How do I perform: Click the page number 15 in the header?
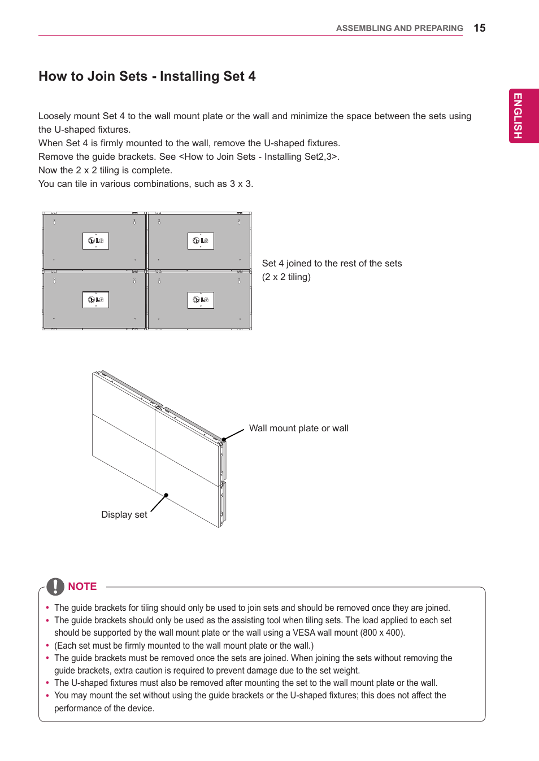(479, 28)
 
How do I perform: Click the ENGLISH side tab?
(518, 116)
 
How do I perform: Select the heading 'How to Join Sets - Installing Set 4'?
(147, 76)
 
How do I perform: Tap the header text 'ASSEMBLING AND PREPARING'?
(399, 28)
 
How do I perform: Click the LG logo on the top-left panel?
(95, 241)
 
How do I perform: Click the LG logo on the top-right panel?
(201, 241)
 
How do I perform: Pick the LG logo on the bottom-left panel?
(95, 300)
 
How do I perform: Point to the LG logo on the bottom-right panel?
(201, 300)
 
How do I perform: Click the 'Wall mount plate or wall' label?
(298, 428)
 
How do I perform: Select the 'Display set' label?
(124, 515)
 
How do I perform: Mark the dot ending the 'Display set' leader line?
(166, 495)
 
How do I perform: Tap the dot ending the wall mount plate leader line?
(224, 439)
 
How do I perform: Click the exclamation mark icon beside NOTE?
(55, 587)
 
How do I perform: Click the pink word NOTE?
(82, 587)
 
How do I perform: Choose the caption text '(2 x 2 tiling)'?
(286, 277)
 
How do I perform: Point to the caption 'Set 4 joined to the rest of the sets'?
(332, 264)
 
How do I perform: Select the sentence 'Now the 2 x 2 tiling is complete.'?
(105, 170)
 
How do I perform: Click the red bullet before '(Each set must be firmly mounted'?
(47, 645)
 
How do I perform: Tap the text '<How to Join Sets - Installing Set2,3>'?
(259, 157)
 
